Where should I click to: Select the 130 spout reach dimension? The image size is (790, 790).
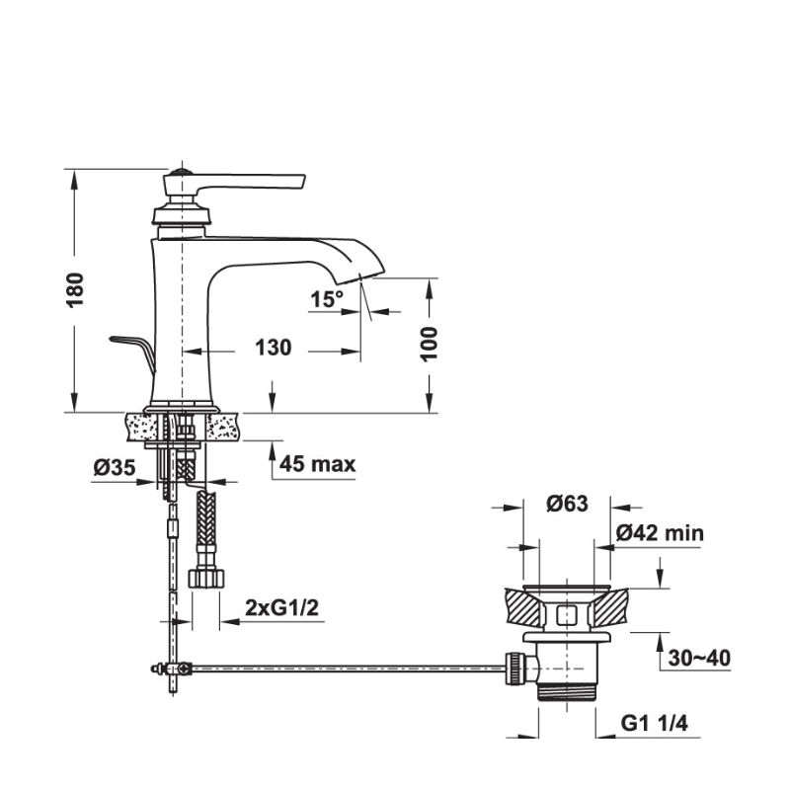273,349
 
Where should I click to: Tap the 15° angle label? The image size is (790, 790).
327,298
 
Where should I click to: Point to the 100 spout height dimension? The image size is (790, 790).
429,343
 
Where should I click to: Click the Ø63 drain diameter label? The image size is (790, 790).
567,504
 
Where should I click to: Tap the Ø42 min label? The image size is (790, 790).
660,533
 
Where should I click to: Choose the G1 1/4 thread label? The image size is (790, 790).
654,725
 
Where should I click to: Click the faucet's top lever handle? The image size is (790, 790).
252,182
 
